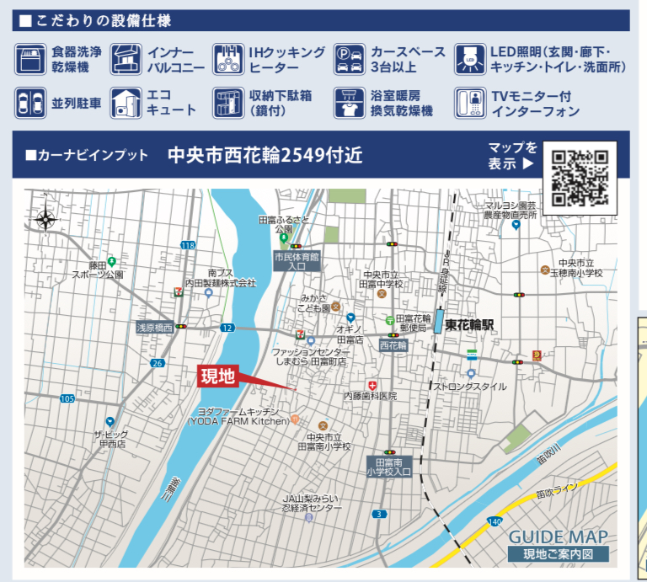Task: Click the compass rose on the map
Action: (x=45, y=221)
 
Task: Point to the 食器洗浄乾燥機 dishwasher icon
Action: (x=30, y=59)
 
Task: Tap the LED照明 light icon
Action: (x=470, y=59)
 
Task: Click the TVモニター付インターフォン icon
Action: (x=470, y=103)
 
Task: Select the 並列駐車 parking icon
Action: (x=30, y=103)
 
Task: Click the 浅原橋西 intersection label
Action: (x=155, y=327)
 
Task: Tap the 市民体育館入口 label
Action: (x=297, y=260)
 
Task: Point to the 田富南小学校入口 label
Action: (x=388, y=467)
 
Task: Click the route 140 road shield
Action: (x=493, y=522)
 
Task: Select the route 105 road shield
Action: (x=67, y=398)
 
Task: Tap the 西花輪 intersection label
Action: (x=393, y=345)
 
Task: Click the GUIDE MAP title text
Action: (x=557, y=537)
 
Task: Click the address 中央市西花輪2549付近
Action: (x=265, y=155)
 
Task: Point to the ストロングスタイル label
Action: (x=470, y=387)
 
